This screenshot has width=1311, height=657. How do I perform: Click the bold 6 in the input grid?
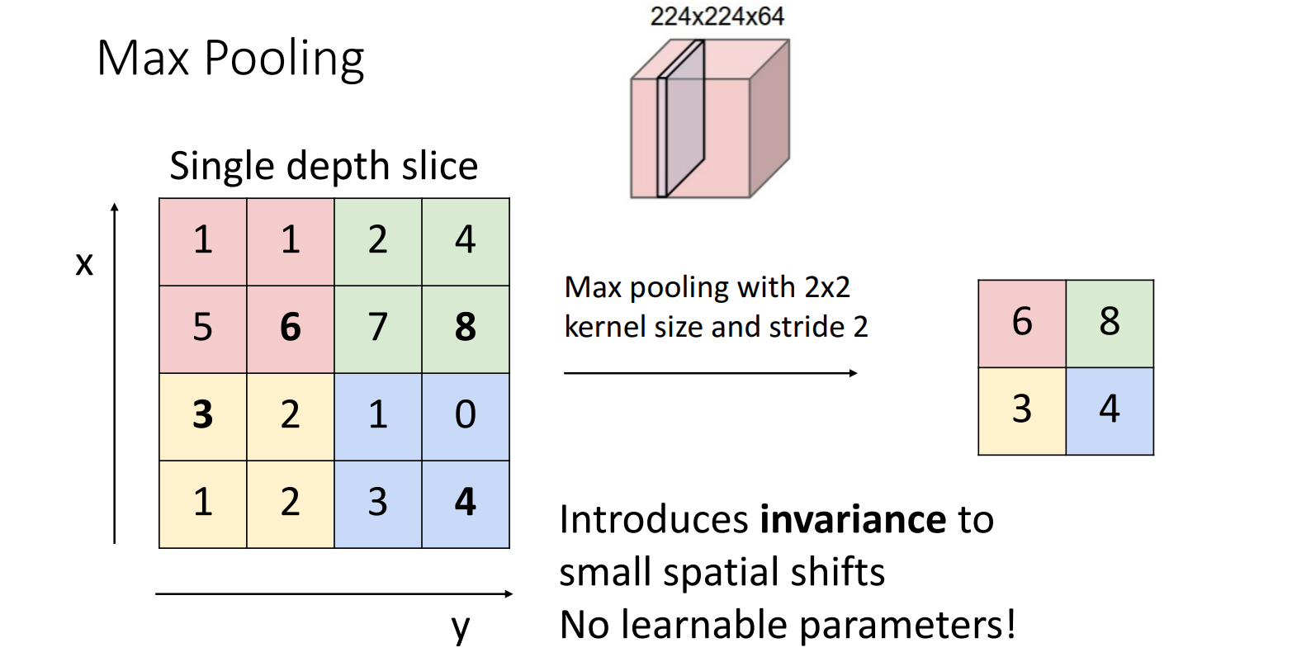point(291,328)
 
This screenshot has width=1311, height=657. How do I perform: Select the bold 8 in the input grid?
point(466,328)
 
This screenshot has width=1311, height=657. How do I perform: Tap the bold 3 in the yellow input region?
point(203,415)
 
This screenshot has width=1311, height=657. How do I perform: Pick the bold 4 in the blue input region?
point(466,503)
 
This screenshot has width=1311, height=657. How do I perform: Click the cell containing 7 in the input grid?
point(378,328)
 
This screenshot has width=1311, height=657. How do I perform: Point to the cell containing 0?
point(466,415)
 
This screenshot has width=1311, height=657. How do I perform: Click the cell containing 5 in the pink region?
point(203,328)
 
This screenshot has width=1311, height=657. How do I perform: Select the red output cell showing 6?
point(1022,323)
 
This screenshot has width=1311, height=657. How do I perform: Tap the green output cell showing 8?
point(1110,323)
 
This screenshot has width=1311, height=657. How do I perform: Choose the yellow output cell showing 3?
point(1022,410)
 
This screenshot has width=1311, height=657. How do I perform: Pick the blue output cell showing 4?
point(1110,410)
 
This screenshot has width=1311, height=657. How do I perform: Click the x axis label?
point(84,264)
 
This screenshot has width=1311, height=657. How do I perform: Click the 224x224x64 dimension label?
point(717,17)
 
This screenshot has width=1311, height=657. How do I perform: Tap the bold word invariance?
point(853,520)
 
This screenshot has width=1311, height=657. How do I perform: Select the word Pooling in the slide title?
point(283,59)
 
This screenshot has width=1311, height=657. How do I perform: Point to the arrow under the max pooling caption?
point(710,373)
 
